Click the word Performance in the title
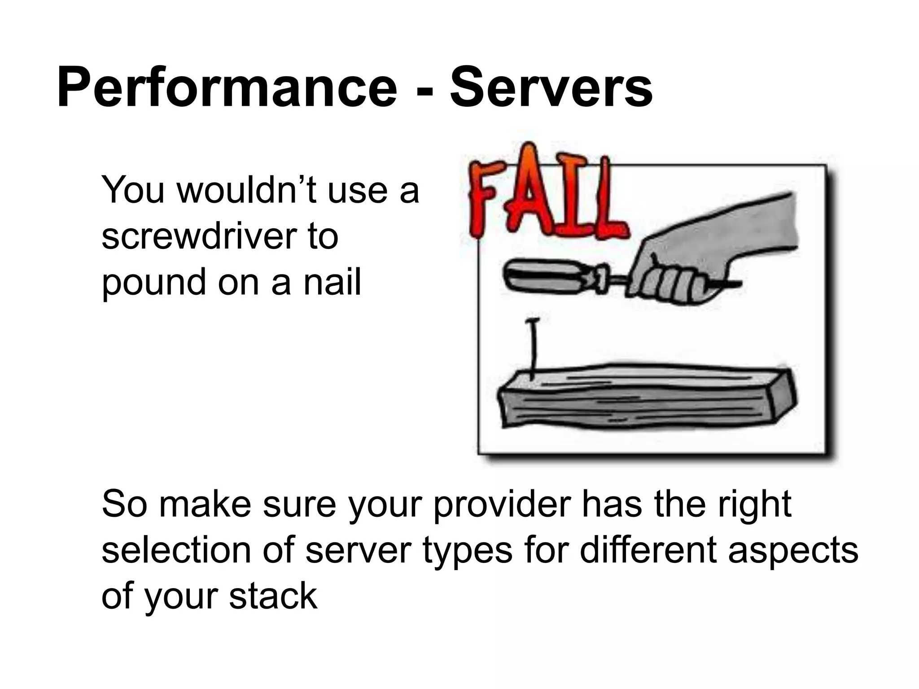(x=227, y=88)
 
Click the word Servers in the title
(x=551, y=88)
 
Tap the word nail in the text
(x=332, y=282)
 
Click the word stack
(x=273, y=596)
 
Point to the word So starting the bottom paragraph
(x=124, y=505)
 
